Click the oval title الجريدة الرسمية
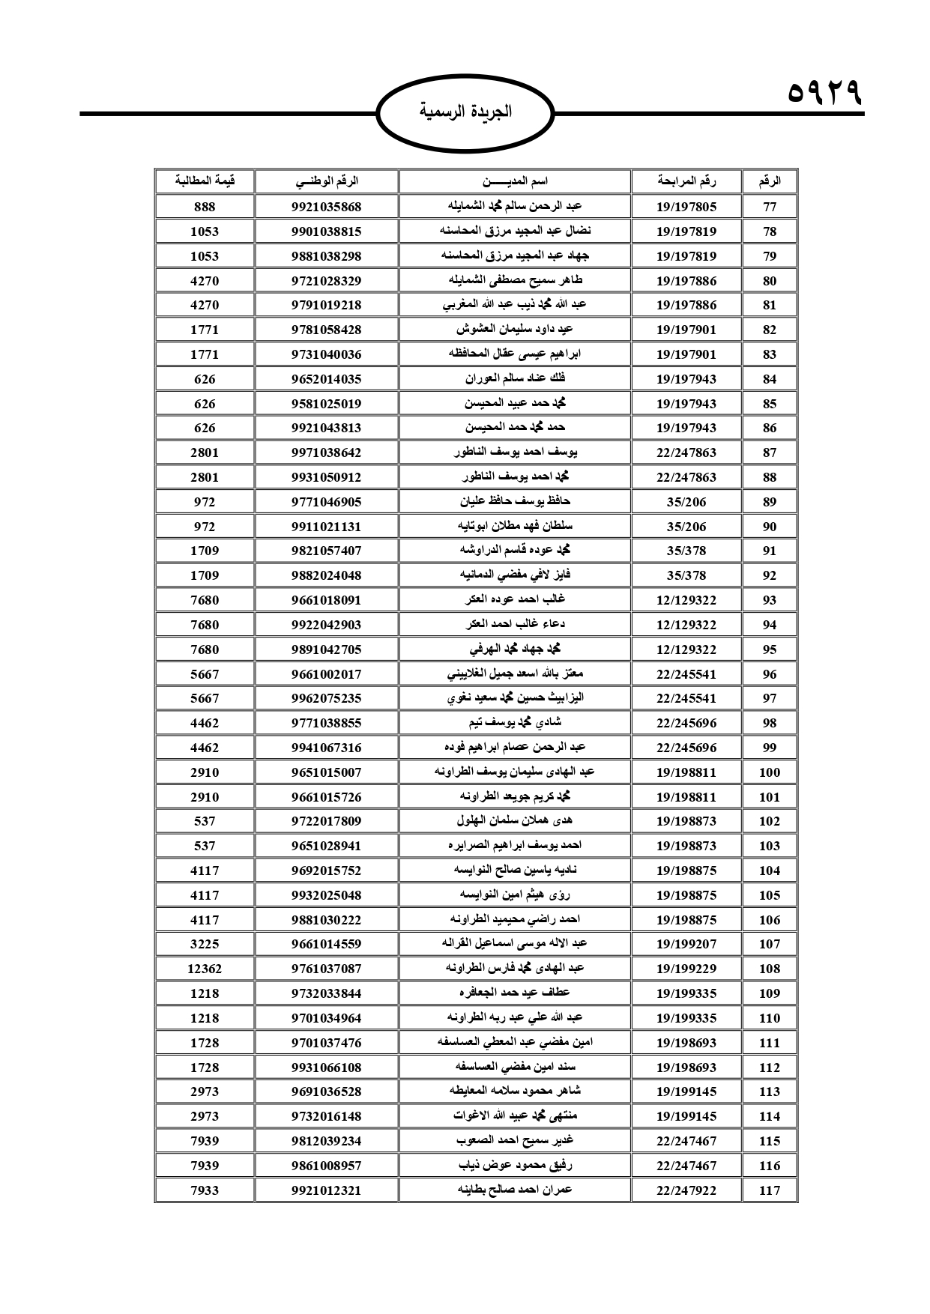pyautogui.click(x=465, y=112)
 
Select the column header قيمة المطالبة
pyautogui.click(x=205, y=181)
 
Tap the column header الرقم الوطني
pyautogui.click(x=326, y=181)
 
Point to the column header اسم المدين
pyautogui.click(x=514, y=181)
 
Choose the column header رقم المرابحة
pyautogui.click(x=686, y=181)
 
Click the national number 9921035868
pyautogui.click(x=326, y=207)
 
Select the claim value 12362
pyautogui.click(x=205, y=969)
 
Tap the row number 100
pyautogui.click(x=770, y=772)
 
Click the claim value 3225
pyautogui.click(x=205, y=944)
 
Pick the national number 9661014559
pyautogui.click(x=326, y=944)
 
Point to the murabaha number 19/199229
pyautogui.click(x=686, y=969)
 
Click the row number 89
pyautogui.click(x=770, y=502)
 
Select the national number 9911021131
pyautogui.click(x=326, y=527)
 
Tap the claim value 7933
pyautogui.click(x=205, y=1190)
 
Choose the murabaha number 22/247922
pyautogui.click(x=686, y=1190)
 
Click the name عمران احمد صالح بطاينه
pyautogui.click(x=514, y=1190)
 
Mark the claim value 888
pyautogui.click(x=205, y=207)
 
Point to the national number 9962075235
pyautogui.click(x=326, y=698)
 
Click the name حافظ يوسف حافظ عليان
pyautogui.click(x=514, y=502)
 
